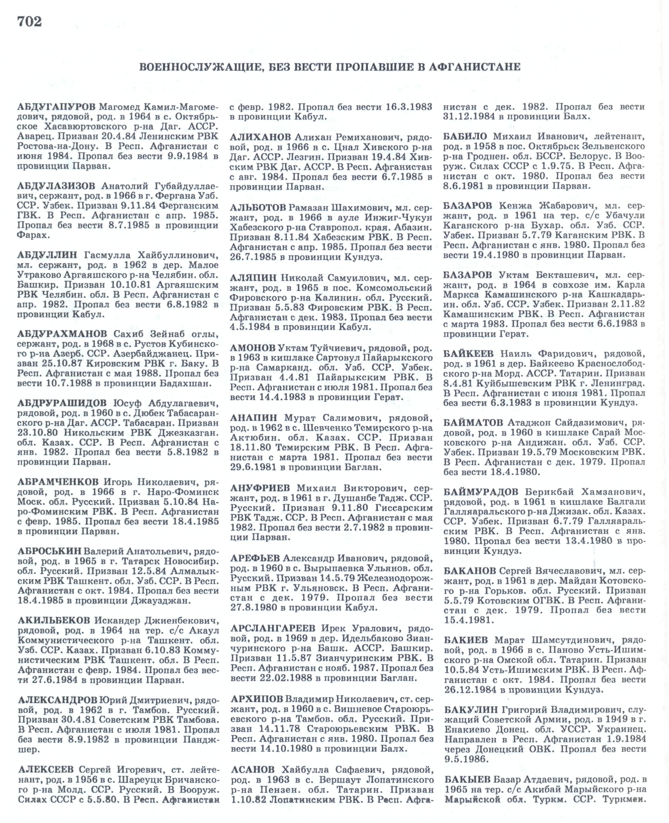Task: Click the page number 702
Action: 29,22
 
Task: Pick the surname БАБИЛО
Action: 465,136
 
